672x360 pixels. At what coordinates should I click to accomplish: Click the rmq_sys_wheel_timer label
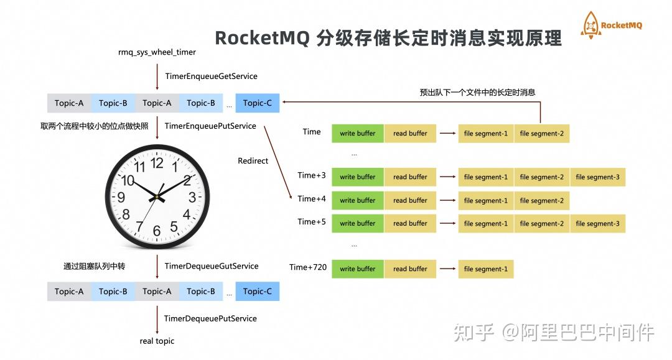pos(157,52)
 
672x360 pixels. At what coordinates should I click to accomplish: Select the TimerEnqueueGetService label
pos(211,76)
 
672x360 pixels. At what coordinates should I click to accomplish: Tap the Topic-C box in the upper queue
pos(258,103)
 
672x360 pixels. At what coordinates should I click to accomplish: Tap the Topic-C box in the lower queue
pos(258,291)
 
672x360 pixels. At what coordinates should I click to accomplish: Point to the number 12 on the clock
pos(157,163)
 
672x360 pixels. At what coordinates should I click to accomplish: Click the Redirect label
pos(253,161)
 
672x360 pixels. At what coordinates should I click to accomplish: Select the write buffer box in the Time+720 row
pos(358,269)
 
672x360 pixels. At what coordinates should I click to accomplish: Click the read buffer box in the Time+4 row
pos(410,200)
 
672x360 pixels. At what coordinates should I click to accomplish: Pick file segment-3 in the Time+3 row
pos(597,177)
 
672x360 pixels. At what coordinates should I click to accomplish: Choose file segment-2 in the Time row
pos(541,134)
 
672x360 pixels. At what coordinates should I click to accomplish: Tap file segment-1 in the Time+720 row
pos(485,269)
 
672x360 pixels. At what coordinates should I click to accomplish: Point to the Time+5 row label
pos(312,222)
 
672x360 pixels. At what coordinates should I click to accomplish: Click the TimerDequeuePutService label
pos(210,318)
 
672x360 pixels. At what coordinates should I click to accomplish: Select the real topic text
pos(157,341)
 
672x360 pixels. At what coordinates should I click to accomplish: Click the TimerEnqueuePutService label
pos(210,126)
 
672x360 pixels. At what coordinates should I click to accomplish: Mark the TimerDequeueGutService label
pos(211,266)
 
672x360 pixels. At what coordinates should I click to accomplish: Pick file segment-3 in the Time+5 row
pos(597,224)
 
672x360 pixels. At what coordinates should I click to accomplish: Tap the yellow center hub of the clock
pos(157,196)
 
